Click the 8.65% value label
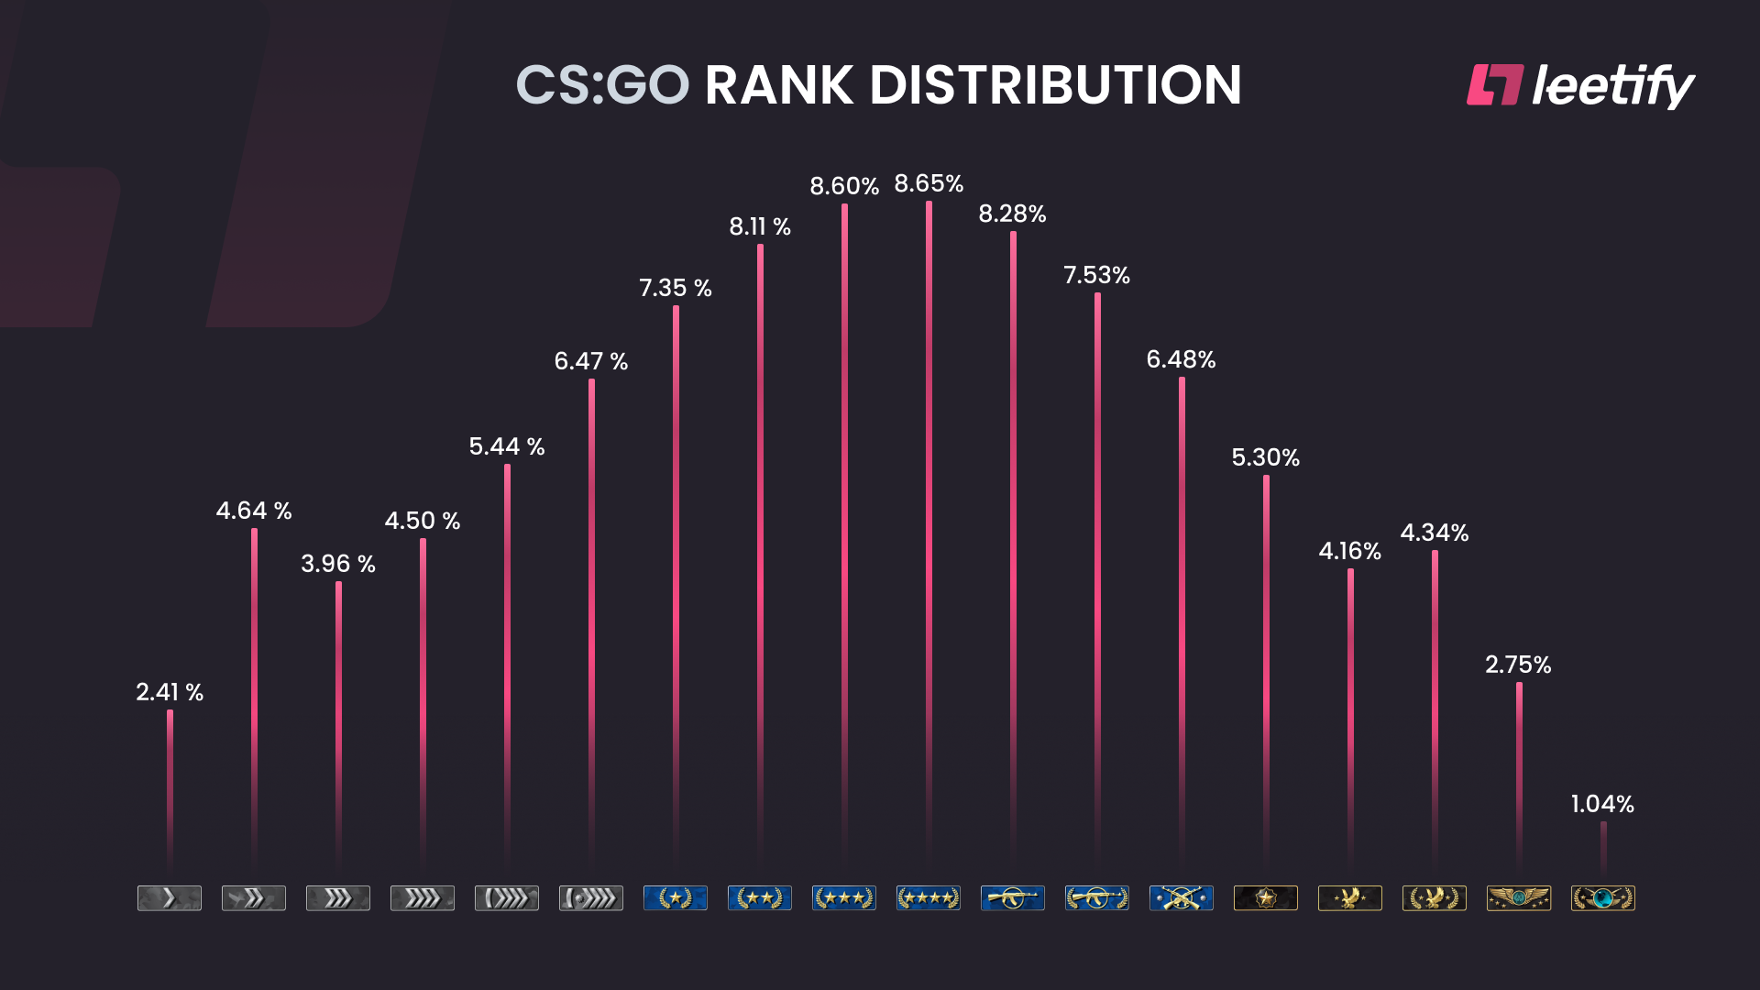point(929,184)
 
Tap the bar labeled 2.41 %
point(170,788)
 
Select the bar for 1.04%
point(1603,848)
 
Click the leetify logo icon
point(1495,85)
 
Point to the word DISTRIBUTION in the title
point(1055,85)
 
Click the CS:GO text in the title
point(602,85)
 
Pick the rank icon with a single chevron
point(170,898)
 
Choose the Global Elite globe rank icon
point(1603,898)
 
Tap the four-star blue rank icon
point(929,898)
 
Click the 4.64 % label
point(254,511)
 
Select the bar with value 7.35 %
point(676,587)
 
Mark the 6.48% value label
point(1181,359)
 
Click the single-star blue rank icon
point(676,898)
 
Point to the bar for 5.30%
point(1266,669)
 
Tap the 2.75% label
point(1518,665)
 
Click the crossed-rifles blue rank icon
point(1182,898)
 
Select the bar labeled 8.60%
point(844,532)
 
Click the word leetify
point(1613,85)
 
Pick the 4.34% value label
point(1435,533)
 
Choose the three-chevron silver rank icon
point(338,898)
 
